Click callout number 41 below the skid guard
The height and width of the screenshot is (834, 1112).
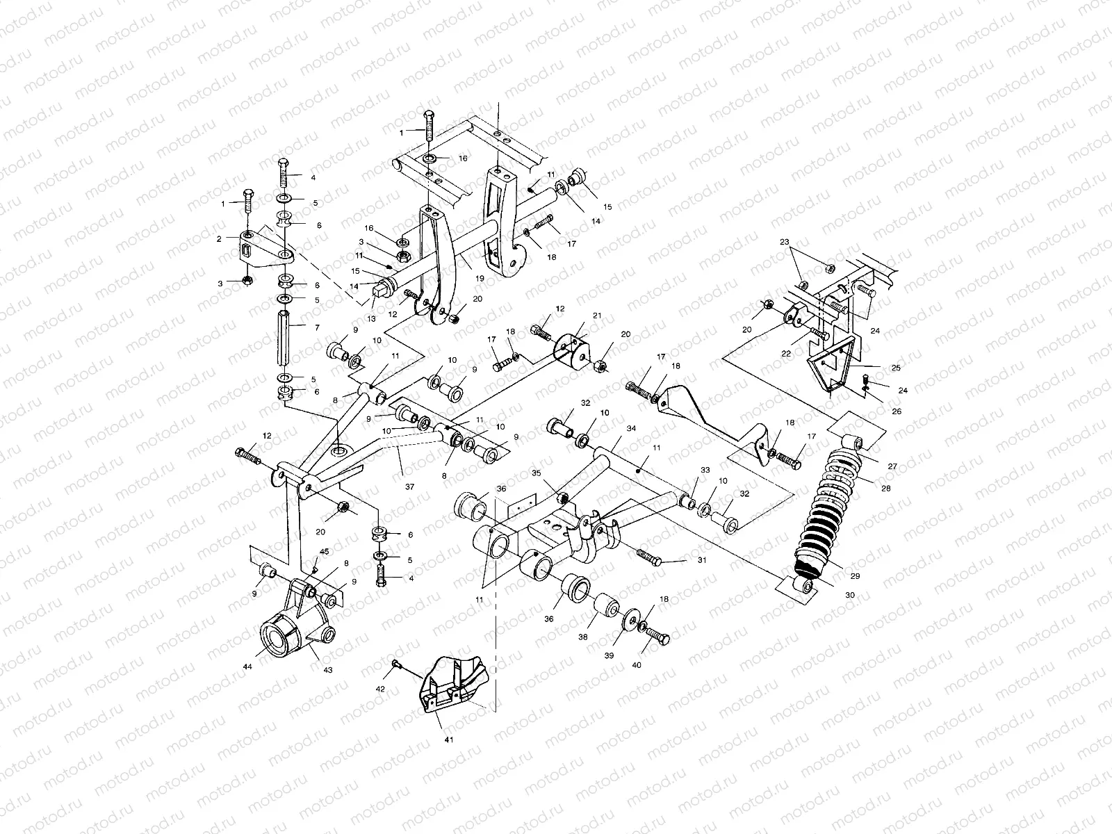(449, 740)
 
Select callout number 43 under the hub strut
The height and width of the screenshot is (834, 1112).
(328, 670)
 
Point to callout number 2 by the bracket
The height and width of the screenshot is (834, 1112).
(219, 238)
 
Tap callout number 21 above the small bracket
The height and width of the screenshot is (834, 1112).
(596, 316)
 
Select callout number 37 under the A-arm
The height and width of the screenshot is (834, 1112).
(409, 487)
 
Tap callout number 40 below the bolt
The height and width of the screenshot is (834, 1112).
(637, 665)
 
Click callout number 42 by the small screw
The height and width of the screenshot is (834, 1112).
(379, 689)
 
